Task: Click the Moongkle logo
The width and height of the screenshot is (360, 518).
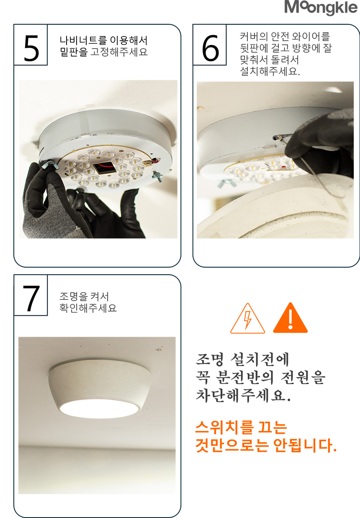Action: (x=321, y=8)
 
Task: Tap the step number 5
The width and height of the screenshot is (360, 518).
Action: (x=31, y=48)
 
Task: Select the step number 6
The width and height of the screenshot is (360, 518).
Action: (x=210, y=48)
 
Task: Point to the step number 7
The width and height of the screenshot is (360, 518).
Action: (x=31, y=299)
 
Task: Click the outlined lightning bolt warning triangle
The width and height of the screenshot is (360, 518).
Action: (x=248, y=318)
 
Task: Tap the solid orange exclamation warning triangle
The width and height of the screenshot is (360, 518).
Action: (x=291, y=318)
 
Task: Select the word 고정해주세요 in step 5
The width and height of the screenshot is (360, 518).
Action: (x=119, y=52)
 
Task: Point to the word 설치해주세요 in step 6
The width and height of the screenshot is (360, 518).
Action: (x=270, y=71)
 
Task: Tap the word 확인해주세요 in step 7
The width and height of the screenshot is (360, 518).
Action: (x=88, y=308)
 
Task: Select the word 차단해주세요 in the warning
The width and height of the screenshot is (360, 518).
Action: (x=243, y=395)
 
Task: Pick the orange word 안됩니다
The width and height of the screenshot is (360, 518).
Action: (x=305, y=445)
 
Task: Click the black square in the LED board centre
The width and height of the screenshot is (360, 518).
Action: (x=105, y=168)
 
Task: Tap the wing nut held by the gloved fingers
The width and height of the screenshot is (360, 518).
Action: (x=50, y=165)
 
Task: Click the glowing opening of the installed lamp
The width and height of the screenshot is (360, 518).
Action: (x=100, y=409)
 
